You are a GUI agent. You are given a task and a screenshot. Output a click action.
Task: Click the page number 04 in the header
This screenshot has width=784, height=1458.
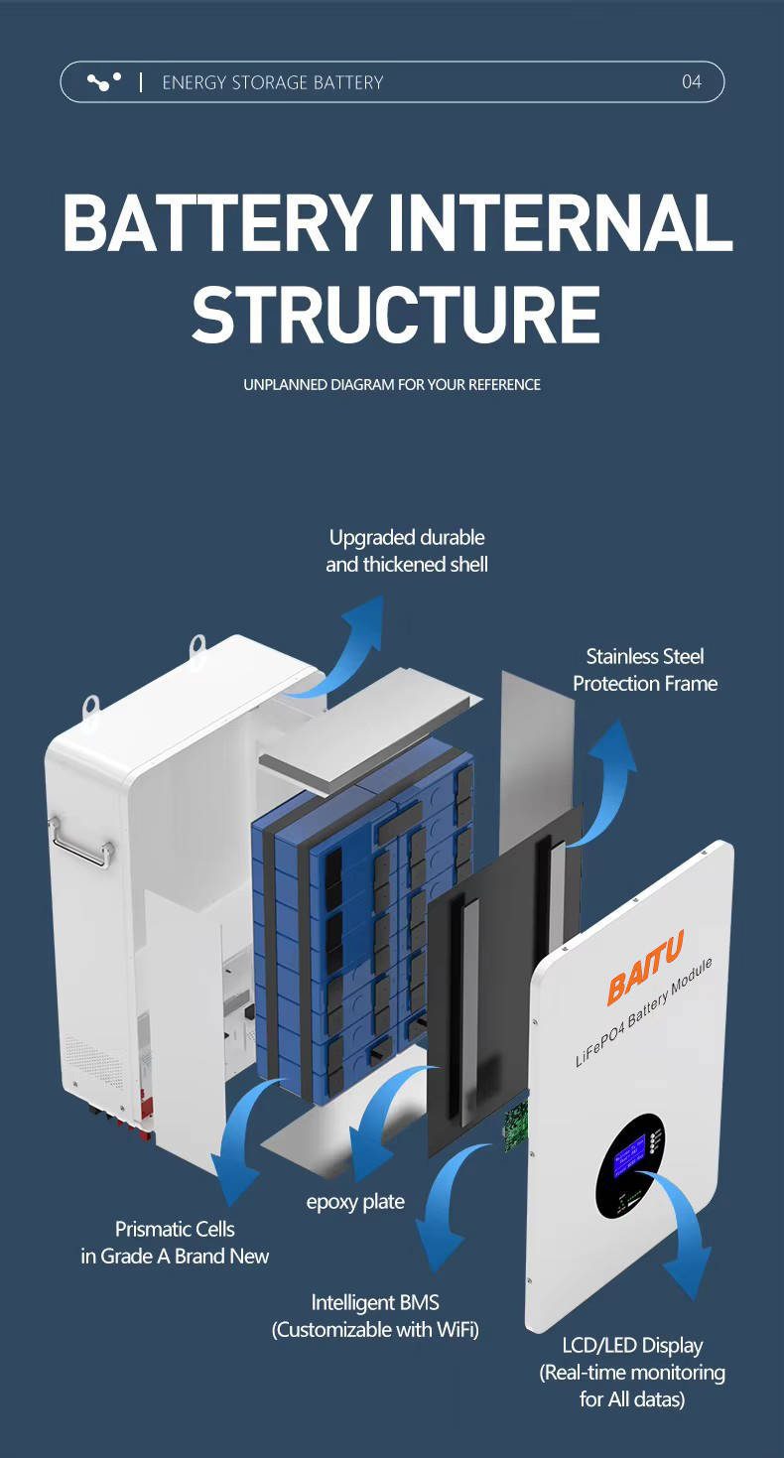[691, 82]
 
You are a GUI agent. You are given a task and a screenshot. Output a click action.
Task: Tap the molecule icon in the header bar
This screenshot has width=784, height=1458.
[104, 81]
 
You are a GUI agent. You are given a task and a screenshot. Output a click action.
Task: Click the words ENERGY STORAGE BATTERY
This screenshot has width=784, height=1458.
[273, 82]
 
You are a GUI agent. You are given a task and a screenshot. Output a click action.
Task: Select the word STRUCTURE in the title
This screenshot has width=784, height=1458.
[395, 315]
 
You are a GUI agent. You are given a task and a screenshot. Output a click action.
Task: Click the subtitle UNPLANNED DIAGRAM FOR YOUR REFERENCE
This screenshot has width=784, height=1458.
[392, 385]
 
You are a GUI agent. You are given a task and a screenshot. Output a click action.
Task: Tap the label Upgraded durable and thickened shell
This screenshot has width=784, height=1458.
[407, 551]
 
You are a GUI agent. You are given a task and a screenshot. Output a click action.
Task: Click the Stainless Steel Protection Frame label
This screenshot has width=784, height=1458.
[645, 670]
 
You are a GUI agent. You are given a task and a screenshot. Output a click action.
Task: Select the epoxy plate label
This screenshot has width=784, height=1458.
[355, 1202]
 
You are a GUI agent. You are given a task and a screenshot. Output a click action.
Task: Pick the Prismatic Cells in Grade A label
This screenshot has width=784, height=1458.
[175, 1243]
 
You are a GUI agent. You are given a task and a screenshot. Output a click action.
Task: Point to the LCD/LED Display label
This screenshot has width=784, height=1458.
[632, 1373]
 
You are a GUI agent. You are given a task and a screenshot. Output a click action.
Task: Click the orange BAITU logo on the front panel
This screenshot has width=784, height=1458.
[644, 968]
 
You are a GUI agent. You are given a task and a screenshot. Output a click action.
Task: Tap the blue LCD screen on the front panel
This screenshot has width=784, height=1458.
[630, 1152]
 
